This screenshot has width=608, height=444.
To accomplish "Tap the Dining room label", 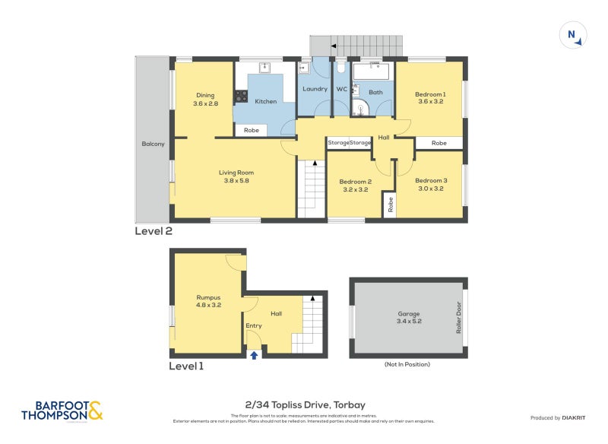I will tap(205, 99).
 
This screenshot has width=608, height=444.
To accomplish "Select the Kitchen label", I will tap(265, 101).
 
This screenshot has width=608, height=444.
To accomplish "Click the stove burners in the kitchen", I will tap(241, 97).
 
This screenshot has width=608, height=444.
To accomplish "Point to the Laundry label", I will tap(314, 89).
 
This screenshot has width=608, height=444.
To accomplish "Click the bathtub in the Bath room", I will tap(372, 72).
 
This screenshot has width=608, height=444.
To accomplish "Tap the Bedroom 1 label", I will tap(430, 97).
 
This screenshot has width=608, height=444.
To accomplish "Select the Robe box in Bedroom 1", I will tap(439, 143).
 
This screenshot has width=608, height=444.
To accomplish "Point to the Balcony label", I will tap(153, 144).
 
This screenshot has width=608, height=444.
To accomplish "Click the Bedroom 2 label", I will tap(355, 185).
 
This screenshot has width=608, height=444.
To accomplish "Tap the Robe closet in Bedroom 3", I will tap(390, 203).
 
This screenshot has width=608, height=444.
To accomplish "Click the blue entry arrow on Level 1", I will tap(254, 354).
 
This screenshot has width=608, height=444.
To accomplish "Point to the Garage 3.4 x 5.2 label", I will tap(408, 318).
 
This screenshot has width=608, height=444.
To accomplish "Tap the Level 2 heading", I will tap(154, 231).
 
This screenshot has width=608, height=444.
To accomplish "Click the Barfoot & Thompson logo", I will tap(62, 411).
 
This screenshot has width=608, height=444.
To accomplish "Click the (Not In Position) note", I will tap(407, 364).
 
